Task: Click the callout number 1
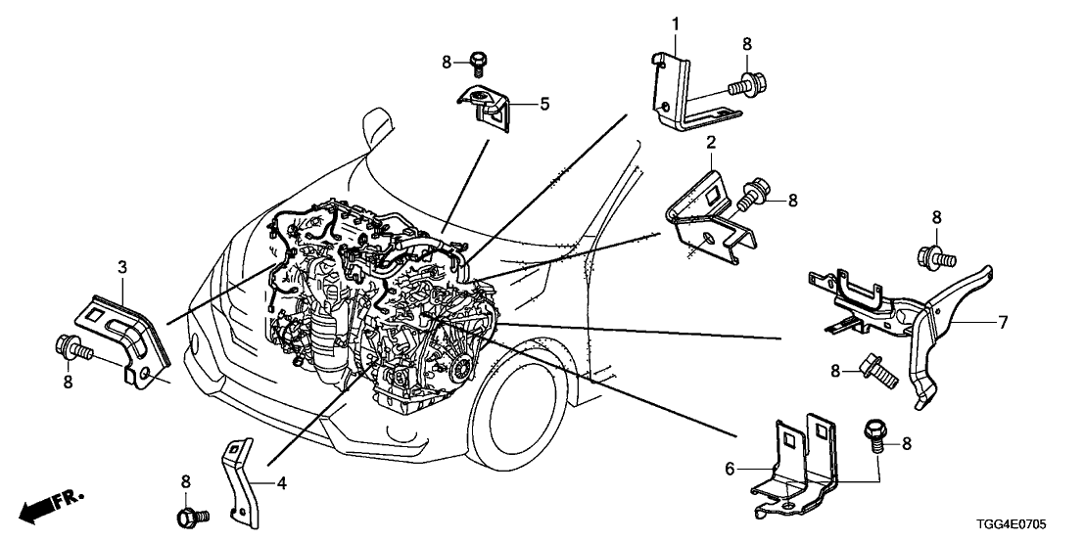tap(675, 23)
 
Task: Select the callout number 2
tap(711, 143)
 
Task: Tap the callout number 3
tap(121, 266)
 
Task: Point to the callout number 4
tap(281, 482)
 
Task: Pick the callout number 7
tap(1002, 321)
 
